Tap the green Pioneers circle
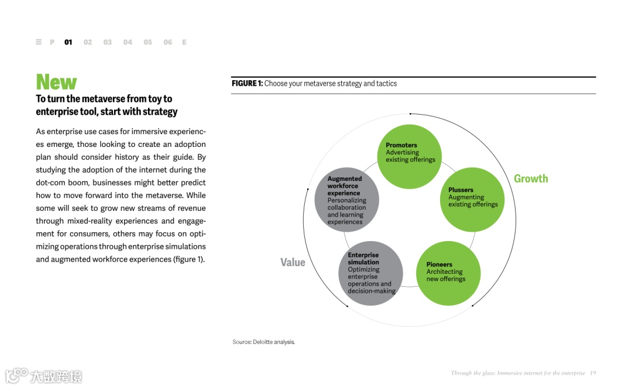point(448,273)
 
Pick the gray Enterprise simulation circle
point(370,273)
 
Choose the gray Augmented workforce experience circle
point(347,200)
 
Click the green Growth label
point(531,178)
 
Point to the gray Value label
point(293,262)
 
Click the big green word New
point(56,82)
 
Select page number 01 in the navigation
point(68,42)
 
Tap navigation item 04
point(128,42)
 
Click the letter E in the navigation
point(184,42)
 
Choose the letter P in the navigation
point(52,42)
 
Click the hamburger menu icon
point(39,42)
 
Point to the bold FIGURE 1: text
point(247,84)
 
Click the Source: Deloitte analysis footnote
point(263,342)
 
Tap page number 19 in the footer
point(593,373)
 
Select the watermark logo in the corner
point(44,375)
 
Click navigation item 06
point(167,42)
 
